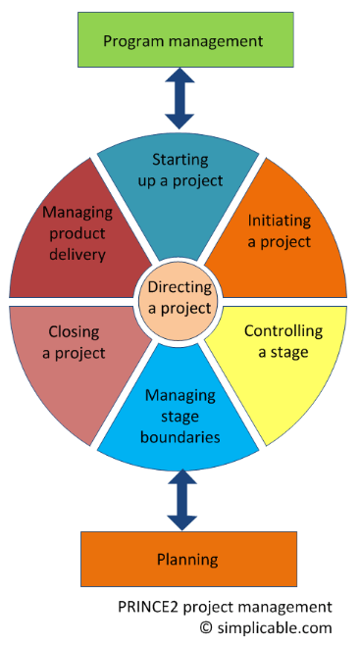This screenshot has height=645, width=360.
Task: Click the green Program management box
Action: pos(185,39)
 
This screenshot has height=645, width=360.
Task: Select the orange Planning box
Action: pos(188,559)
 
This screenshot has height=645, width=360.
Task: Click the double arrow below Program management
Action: pos(180,99)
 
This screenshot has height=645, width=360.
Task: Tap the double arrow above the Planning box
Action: pos(182,500)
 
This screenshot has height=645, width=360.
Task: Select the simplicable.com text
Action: pos(275,628)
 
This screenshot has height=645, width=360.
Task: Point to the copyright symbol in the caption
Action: pos(206,628)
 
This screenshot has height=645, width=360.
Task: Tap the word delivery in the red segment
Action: pos(77,255)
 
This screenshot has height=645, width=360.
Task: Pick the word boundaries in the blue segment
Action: pos(180,436)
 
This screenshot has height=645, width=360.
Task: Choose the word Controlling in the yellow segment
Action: pos(283,330)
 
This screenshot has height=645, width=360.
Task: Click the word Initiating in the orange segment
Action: pos(279,221)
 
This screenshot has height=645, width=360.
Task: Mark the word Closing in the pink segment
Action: pos(74,332)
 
